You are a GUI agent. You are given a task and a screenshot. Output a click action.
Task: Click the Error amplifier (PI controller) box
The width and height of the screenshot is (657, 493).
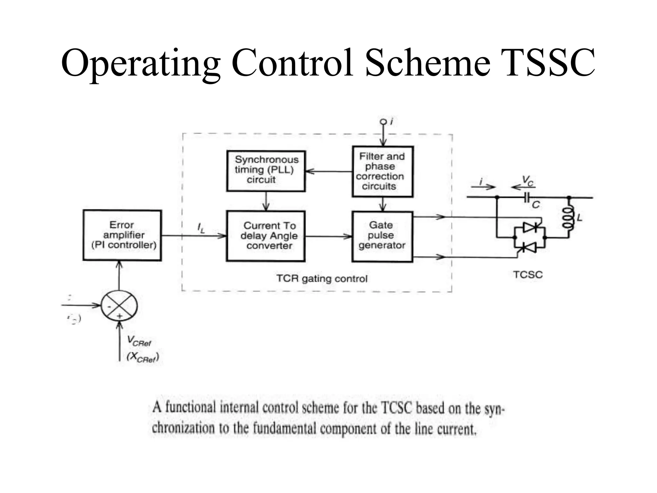coord(122,235)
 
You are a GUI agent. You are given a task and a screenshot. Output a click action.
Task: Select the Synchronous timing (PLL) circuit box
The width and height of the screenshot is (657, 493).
coord(266,171)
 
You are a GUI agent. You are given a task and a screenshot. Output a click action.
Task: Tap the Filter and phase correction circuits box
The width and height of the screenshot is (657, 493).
coord(382,171)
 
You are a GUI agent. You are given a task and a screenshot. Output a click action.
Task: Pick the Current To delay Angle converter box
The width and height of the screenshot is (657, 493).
coord(266,236)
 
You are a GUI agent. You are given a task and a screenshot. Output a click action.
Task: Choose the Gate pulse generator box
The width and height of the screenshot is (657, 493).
coord(382,236)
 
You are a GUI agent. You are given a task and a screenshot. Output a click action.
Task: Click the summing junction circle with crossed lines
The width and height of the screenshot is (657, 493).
coord(119,306)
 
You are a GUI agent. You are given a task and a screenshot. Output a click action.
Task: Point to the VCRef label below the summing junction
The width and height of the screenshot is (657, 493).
coord(139,341)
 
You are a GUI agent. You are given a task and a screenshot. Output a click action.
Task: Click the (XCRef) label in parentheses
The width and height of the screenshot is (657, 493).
coord(143,357)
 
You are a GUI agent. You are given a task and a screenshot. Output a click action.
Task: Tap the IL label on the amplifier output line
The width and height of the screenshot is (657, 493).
coord(201,228)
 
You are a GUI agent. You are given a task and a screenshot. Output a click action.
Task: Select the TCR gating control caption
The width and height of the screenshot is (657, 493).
coord(322,278)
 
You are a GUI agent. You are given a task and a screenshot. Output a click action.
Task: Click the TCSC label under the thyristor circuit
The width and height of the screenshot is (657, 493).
coord(528,275)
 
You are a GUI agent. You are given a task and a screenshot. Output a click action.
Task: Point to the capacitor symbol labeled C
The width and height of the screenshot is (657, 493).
coord(527,198)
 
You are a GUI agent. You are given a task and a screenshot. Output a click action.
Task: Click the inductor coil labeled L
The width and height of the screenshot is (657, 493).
coord(568,218)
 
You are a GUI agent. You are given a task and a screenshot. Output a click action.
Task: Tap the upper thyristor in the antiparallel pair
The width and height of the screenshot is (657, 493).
coord(530,227)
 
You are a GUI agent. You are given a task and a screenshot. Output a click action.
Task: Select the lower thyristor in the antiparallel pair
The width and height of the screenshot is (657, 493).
coord(530,247)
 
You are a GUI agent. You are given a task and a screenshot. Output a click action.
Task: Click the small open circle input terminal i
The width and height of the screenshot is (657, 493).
coord(383,122)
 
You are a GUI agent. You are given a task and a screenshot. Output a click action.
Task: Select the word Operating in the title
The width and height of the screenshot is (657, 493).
coord(141,63)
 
